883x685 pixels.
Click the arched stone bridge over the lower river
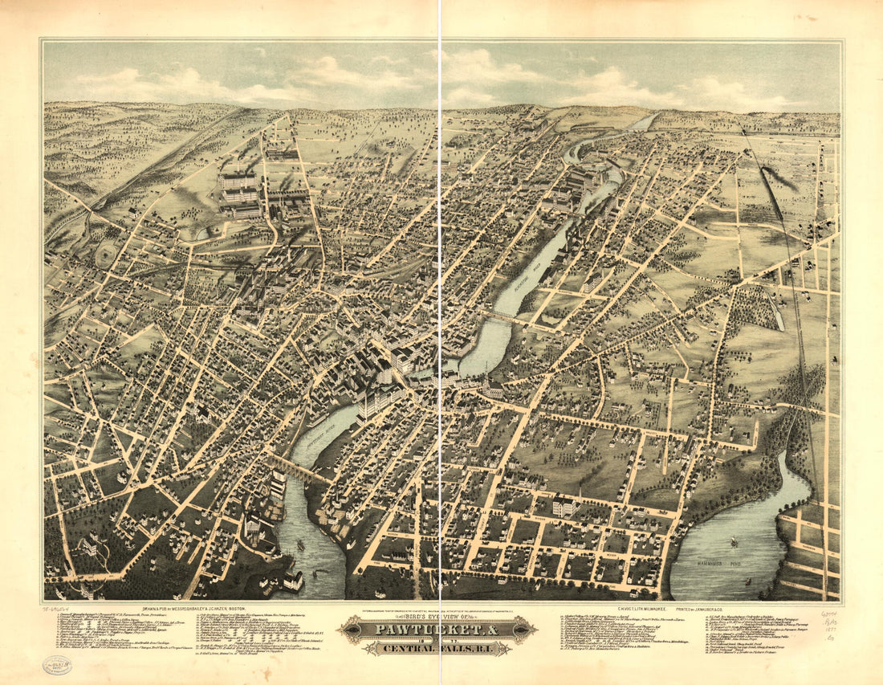click(301, 470)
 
